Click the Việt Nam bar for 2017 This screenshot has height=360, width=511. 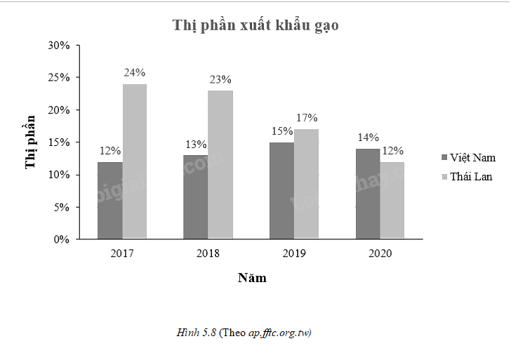(110, 201)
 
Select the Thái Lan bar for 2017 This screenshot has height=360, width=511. (135, 161)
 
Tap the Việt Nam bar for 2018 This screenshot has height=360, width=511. (195, 197)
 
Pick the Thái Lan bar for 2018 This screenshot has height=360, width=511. (220, 165)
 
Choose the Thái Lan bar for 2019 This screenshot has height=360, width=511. (306, 184)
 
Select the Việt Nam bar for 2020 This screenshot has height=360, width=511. (367, 194)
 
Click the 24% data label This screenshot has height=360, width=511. (135, 72)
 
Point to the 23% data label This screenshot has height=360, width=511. (220, 79)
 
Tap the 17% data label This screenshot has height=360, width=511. (307, 118)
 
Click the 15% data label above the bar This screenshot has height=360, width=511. (281, 131)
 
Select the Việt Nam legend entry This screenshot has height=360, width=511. (468, 157)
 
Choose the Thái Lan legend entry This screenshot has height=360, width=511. (467, 176)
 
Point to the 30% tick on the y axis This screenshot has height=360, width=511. (59, 46)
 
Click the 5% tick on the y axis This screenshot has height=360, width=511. (61, 207)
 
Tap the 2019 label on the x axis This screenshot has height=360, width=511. (294, 253)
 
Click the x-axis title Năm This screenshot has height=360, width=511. (252, 278)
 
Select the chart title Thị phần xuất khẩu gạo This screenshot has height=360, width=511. (255, 26)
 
